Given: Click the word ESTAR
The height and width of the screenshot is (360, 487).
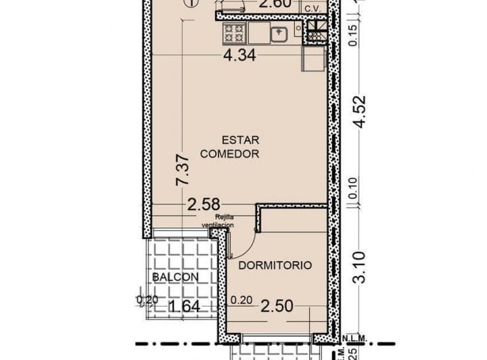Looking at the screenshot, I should (231, 140).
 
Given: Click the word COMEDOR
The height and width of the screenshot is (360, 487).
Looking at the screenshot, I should (230, 154).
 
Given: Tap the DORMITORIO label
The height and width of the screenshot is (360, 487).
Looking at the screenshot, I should (275, 265).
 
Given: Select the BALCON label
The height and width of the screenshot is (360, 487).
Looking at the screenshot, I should (175, 277).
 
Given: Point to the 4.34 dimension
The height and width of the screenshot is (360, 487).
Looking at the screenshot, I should (239, 56).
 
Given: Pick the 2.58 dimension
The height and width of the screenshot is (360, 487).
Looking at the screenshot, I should (204, 204).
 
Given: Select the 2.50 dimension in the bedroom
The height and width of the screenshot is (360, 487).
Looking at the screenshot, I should (277, 307).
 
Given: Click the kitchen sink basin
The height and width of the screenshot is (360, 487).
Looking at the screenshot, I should (279, 32).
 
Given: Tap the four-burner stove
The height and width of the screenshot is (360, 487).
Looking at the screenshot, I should (234, 32).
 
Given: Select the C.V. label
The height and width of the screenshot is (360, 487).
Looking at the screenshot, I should (312, 8).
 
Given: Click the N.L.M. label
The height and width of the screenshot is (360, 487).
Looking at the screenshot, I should (354, 338).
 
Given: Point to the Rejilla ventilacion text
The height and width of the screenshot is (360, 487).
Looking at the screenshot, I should (217, 221).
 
